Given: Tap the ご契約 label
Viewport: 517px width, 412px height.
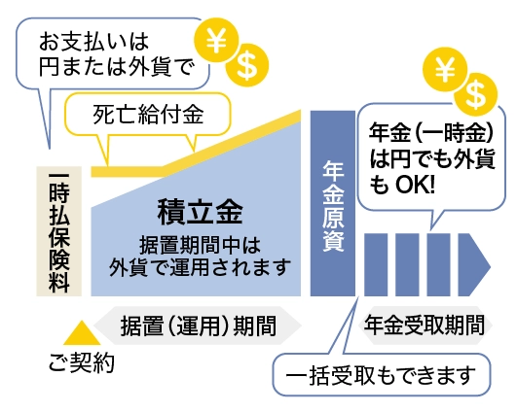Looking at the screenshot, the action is tap(81, 362).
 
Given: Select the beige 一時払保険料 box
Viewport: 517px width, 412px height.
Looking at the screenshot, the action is tap(59, 231).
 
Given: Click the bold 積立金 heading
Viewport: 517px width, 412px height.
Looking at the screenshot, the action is tap(201, 212).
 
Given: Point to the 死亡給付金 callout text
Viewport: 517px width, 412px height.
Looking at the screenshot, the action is tap(148, 115).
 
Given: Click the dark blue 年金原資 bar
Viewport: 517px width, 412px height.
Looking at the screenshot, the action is tap(333, 203).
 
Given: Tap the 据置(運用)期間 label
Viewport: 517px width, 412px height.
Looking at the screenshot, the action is tap(199, 326).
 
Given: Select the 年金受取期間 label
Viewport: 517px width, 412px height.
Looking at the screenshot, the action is tap(425, 325).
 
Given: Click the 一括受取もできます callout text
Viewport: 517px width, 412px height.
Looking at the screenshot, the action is tap(381, 375).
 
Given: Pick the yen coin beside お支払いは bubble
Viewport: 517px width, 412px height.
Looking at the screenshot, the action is tap(216, 41).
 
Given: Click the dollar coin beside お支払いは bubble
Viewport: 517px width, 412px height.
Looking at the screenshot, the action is tap(247, 65).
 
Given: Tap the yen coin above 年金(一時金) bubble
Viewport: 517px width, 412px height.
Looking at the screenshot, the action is tap(445, 69).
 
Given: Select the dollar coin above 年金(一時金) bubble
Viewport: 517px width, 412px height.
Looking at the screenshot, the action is tap(475, 94).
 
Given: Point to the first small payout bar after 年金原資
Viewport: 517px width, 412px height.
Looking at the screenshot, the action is tap(376, 265).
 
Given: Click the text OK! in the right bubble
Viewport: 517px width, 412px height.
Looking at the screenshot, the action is tap(415, 185).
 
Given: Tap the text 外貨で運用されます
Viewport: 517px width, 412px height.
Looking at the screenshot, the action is tap(201, 267).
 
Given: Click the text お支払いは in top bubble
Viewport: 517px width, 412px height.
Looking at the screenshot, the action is tap(94, 42).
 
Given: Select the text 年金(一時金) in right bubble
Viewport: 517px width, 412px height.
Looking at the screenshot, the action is tap(431, 132).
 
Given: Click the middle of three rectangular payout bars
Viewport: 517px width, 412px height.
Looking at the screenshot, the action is tap(407, 265).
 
